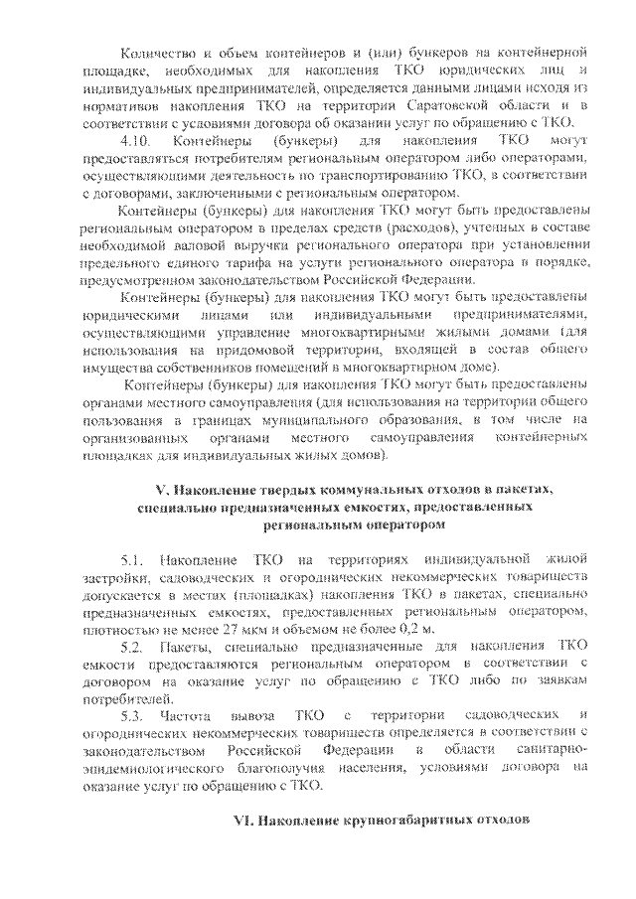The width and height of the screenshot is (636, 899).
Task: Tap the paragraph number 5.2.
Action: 132,648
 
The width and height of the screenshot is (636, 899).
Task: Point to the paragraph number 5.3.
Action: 132,718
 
